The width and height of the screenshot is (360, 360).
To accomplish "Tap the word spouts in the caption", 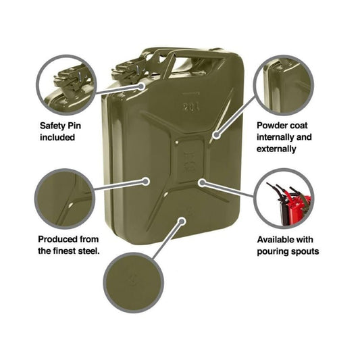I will [x=304, y=251].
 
